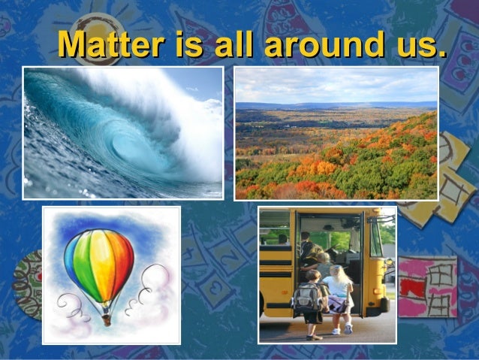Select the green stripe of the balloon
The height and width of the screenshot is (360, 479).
click(84, 259)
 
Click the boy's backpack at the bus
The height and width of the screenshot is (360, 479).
click(307, 298)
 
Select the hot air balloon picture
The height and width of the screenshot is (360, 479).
click(111, 275)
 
